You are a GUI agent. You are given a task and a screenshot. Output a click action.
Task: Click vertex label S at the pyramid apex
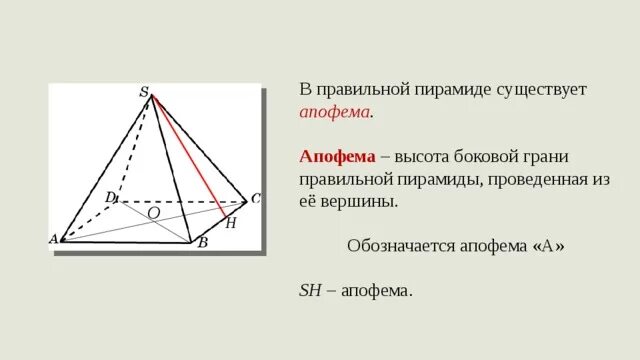coord(144,93)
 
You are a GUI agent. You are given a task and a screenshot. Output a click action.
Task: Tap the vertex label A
coord(53,239)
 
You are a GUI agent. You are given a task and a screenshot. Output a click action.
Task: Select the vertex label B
coord(203,242)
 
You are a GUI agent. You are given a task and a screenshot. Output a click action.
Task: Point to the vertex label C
coord(255,199)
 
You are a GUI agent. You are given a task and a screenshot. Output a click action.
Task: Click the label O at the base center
coord(153,213)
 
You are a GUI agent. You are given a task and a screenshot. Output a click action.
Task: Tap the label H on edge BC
coord(231,223)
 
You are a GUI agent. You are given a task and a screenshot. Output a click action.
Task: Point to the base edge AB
coord(125,240)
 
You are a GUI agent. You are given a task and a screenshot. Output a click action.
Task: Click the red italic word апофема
coord(334,112)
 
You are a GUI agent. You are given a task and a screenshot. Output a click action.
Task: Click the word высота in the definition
coord(428,157)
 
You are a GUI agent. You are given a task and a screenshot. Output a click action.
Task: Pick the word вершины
coord(361,201)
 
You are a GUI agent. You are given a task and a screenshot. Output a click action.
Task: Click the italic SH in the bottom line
coord(312,290)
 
